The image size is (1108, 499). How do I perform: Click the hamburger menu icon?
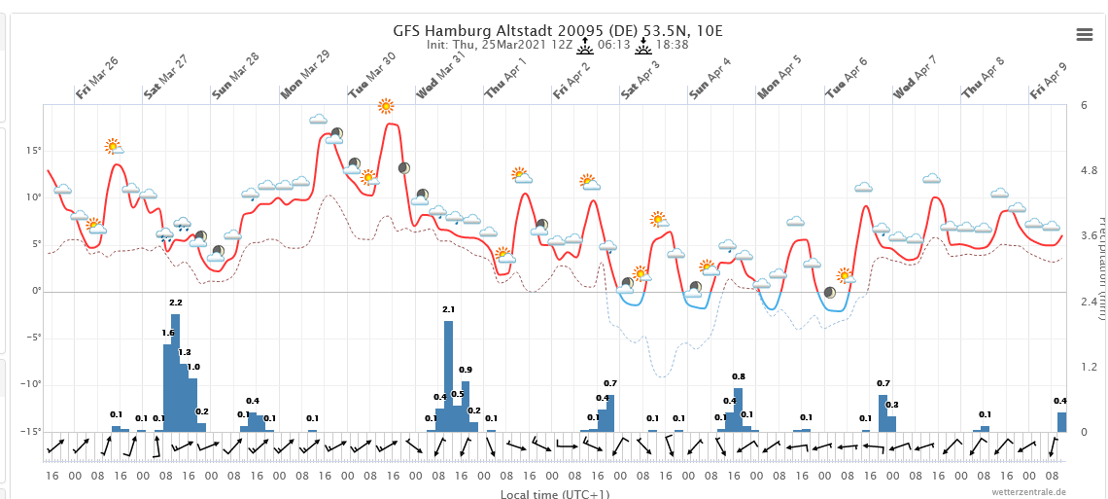tap(1085, 34)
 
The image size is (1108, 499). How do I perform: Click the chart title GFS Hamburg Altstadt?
tap(558, 30)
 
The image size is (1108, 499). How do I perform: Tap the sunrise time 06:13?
tap(614, 45)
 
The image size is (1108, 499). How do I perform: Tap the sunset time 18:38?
tap(672, 45)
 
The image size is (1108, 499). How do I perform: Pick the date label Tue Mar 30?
tap(371, 76)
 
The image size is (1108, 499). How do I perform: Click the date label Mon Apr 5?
tap(779, 77)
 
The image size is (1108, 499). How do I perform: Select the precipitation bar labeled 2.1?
tap(448, 375)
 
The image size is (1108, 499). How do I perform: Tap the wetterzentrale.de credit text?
tap(1029, 493)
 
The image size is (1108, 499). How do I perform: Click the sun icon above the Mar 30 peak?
tap(386, 106)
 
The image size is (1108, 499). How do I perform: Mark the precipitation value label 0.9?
tap(466, 370)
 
